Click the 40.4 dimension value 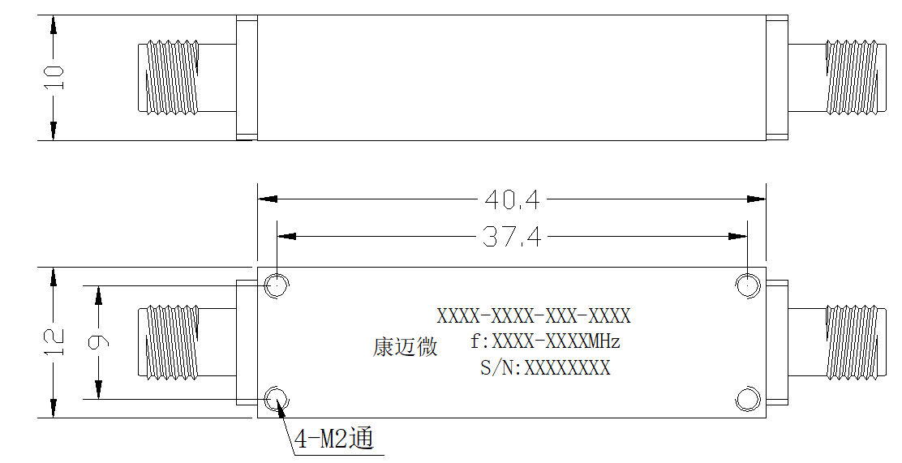coord(512,199)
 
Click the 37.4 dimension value coord(511,237)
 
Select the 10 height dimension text coord(54,78)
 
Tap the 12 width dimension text coord(54,342)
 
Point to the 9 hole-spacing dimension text coord(99,342)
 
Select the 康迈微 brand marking coord(405,347)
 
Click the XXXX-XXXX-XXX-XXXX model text coord(534,315)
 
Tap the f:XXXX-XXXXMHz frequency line coord(545,341)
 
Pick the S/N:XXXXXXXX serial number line coord(545,367)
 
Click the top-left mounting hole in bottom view coord(277,285)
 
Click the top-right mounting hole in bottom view coord(747,285)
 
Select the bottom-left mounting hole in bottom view coord(277,399)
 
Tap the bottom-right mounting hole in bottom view coord(747,399)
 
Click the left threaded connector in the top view coord(169,77)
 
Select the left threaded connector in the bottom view coord(169,342)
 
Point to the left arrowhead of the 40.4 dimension coord(268,199)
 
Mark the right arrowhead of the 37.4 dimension coord(737,237)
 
